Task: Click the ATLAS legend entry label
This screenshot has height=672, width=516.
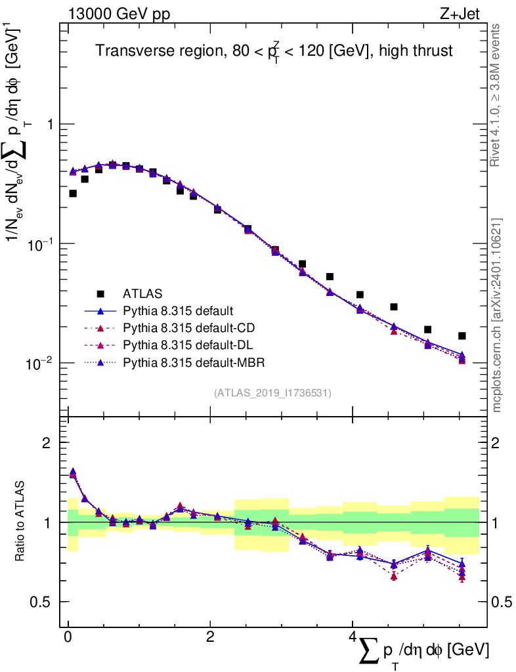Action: (x=144, y=293)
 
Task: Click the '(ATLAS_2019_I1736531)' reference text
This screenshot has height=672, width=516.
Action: (x=272, y=393)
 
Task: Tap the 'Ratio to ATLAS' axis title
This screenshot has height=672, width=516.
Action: (x=22, y=522)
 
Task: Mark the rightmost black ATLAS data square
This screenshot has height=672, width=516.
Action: (x=462, y=336)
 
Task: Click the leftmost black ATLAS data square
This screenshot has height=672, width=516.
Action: (x=73, y=194)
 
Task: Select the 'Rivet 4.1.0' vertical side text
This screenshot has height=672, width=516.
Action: (x=496, y=94)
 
